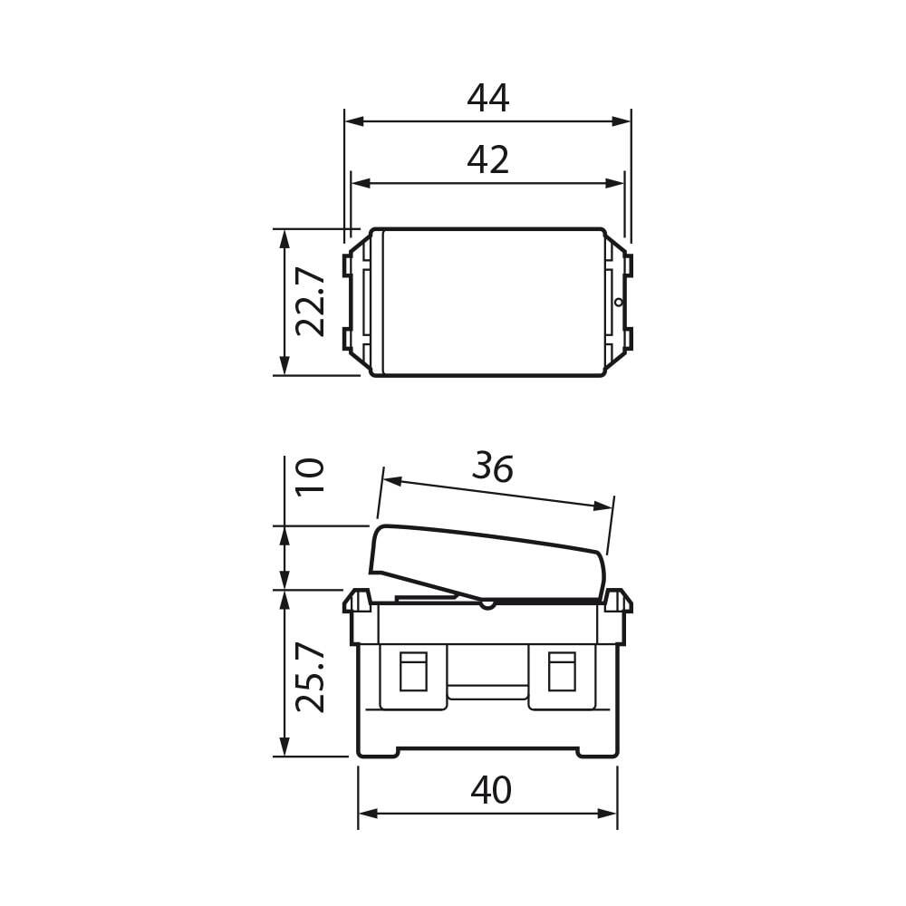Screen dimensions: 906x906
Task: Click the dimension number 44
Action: [x=488, y=99]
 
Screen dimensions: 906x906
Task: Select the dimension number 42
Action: [x=488, y=160]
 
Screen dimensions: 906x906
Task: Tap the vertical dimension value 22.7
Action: [x=311, y=302]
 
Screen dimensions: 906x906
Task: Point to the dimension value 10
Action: [x=311, y=476]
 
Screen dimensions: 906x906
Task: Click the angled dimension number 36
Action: [x=493, y=467]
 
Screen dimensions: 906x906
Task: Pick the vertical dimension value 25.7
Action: [x=311, y=677]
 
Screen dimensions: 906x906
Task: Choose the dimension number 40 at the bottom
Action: [x=491, y=791]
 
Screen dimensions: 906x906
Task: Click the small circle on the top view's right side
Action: [x=619, y=302]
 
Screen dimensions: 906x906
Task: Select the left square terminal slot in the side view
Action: [x=413, y=671]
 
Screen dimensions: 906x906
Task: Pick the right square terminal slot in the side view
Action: [x=562, y=671]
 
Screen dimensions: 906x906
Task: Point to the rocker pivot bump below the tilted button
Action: [x=487, y=603]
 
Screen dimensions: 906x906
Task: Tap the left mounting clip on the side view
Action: [x=357, y=601]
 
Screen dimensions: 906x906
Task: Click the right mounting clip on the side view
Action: [x=618, y=601]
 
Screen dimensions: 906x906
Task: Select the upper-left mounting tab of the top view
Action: [x=348, y=265]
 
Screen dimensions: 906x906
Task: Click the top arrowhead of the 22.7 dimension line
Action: [x=284, y=238]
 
